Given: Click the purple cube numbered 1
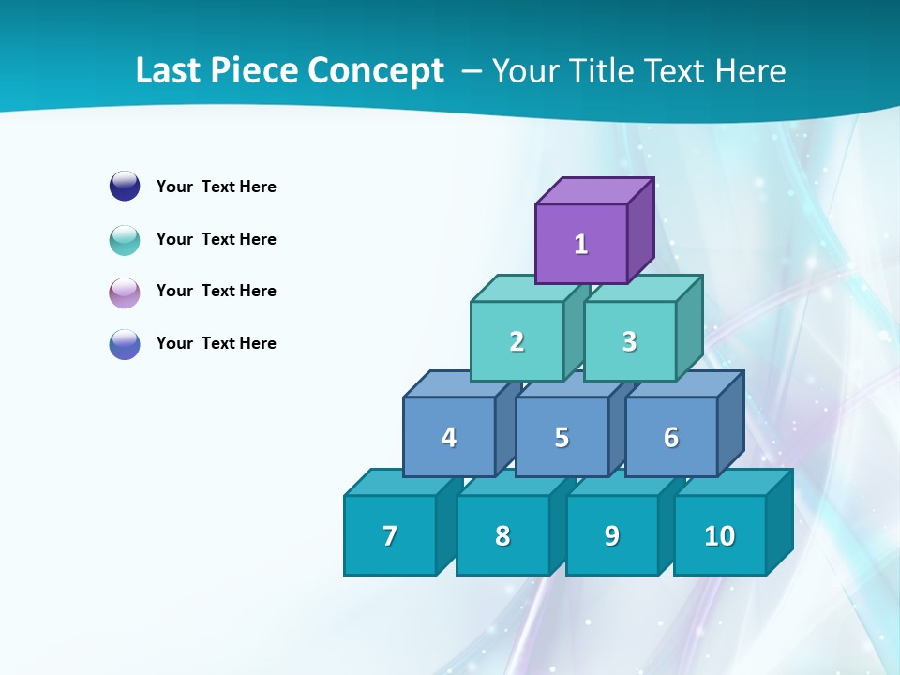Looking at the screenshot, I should tap(581, 244).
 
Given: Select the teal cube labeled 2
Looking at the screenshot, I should tap(517, 341).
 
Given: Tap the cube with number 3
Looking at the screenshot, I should tap(629, 341).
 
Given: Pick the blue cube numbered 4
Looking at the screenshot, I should tap(449, 437).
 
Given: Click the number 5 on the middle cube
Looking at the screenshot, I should tap(562, 438).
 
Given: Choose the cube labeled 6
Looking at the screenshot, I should tap(671, 437).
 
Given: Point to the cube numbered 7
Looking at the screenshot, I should tap(390, 535).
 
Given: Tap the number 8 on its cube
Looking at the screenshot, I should tap(502, 536).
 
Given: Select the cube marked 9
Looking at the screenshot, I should tap(612, 536).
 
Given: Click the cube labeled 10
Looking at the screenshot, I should tap(719, 535).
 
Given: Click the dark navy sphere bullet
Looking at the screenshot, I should tap(125, 186).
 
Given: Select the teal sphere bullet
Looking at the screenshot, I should tap(125, 239).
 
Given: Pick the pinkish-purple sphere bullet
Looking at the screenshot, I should tap(125, 292).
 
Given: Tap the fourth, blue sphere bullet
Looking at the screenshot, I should tap(125, 343).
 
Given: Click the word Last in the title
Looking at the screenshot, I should tap(168, 70).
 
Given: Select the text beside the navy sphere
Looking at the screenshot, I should tap(216, 187).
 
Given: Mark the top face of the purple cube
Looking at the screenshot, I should tap(594, 190).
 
